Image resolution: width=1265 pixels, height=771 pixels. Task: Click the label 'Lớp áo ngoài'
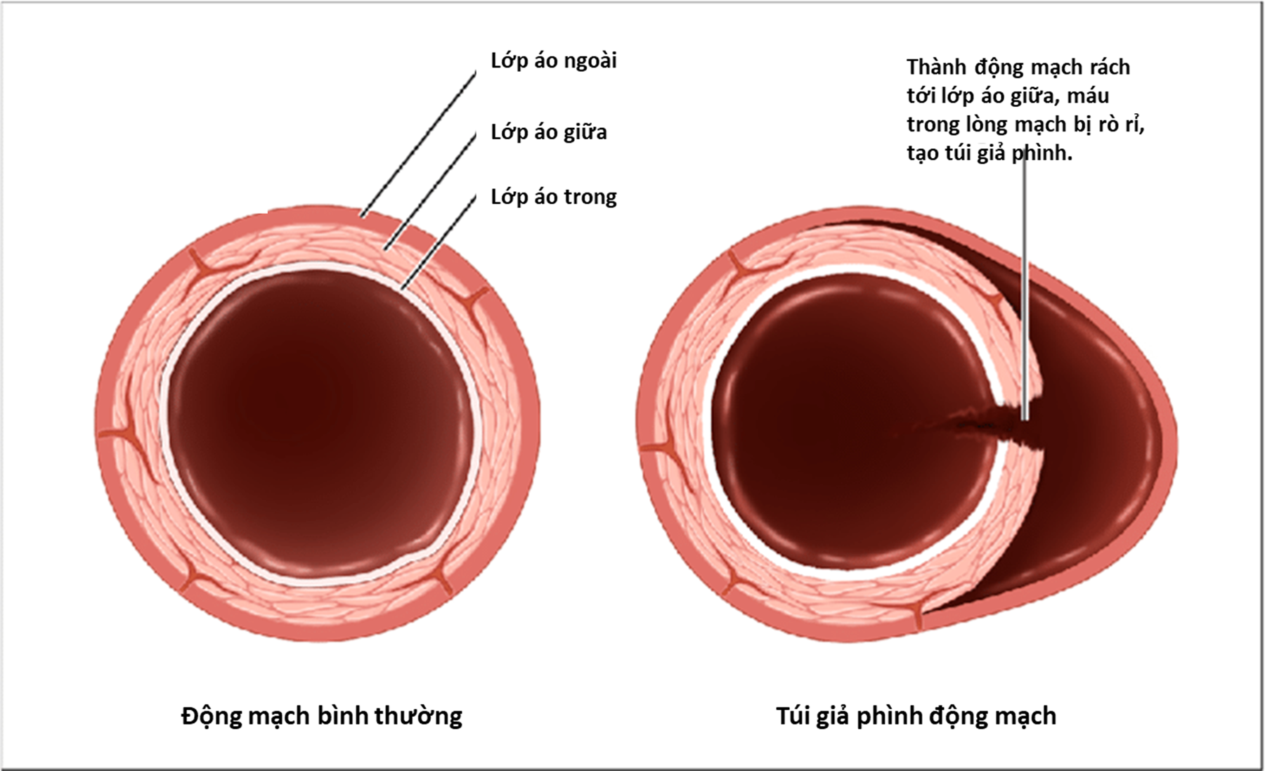point(554,61)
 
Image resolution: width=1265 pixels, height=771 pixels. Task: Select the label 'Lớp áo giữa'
point(549,132)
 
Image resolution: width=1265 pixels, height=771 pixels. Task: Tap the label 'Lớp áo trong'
point(554,197)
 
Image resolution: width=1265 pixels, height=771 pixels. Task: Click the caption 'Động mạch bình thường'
point(322,716)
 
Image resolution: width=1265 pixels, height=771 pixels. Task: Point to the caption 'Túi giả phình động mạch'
point(916,716)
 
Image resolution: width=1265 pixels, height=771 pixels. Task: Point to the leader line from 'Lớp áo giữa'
point(430,192)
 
